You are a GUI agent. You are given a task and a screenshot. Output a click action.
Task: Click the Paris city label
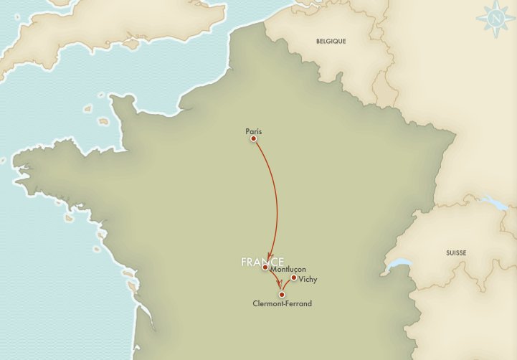coord(254,131)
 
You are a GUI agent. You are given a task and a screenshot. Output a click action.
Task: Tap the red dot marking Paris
coord(253,139)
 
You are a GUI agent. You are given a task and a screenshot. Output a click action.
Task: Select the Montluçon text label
coord(288,269)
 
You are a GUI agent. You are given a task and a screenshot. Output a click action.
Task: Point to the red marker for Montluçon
coord(265,267)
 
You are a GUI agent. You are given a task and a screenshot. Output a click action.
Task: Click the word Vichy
coord(308,279)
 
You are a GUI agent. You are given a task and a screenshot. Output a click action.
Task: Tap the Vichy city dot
coord(294,278)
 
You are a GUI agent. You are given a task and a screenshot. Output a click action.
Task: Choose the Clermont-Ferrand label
coord(283,303)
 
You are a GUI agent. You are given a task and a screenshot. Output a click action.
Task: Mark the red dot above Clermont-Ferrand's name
coord(282,294)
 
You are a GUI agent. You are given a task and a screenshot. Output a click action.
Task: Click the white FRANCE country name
coord(262,262)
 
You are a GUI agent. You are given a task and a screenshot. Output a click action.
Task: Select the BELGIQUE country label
coord(331,42)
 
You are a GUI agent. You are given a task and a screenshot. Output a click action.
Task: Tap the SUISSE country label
coord(457,253)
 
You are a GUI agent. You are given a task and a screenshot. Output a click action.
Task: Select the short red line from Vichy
coord(288,283)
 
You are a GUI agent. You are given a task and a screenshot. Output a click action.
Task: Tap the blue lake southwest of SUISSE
coord(397,266)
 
